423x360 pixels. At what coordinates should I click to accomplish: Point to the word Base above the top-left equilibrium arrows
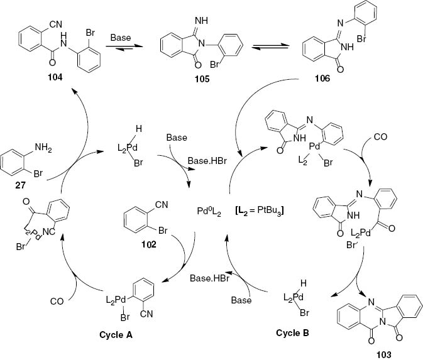coord(121,37)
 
